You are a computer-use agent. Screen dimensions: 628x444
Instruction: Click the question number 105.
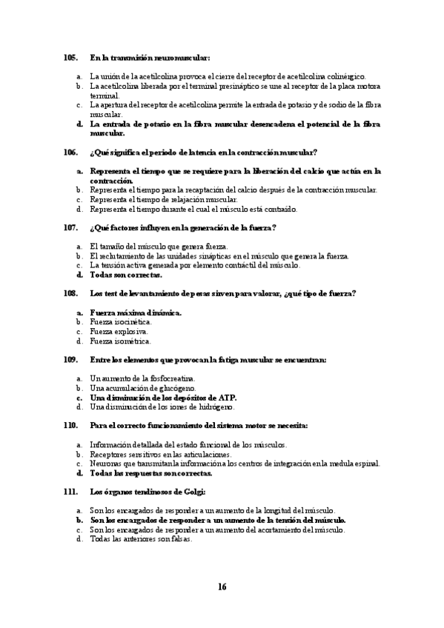(70, 57)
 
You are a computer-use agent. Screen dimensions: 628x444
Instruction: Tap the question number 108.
(70, 293)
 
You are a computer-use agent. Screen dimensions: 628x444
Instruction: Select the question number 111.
(70, 492)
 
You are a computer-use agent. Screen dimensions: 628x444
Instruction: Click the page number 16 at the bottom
(222, 587)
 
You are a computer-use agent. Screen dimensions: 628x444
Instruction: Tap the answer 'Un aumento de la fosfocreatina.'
(137, 378)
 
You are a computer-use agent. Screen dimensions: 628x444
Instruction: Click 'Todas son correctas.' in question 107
(126, 275)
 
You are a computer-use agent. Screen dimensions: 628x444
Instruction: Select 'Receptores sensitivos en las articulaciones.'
(160, 454)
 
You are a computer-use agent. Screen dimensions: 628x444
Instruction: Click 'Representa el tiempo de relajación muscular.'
(164, 199)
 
